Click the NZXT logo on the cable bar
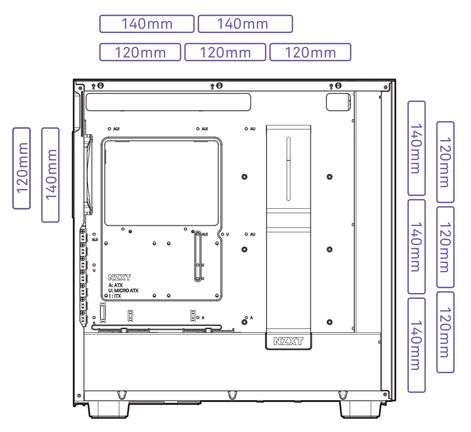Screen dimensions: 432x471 (288, 341)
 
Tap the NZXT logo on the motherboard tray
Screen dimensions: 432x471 (119, 277)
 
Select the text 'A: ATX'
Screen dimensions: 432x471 (116, 285)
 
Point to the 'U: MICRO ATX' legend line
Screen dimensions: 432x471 (124, 291)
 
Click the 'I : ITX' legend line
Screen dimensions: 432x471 (115, 296)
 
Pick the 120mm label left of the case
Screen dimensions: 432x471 (22, 168)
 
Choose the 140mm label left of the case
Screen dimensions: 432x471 (50, 175)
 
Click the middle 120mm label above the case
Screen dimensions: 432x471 (225, 52)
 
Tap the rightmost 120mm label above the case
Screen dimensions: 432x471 (310, 52)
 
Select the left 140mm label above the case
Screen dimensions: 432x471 (147, 24)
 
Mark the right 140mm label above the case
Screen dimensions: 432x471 (245, 24)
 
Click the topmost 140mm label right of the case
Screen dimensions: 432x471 (416, 148)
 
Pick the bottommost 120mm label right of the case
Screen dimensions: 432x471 (445, 332)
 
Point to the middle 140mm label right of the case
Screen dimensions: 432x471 (416, 247)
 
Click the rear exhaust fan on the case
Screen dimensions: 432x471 (88, 174)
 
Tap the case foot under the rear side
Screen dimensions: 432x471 (108, 410)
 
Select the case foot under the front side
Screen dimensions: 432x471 (360, 410)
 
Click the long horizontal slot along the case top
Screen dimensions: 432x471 (168, 102)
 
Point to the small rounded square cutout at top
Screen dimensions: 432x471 (338, 102)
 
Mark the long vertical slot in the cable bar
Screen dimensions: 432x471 (288, 169)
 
